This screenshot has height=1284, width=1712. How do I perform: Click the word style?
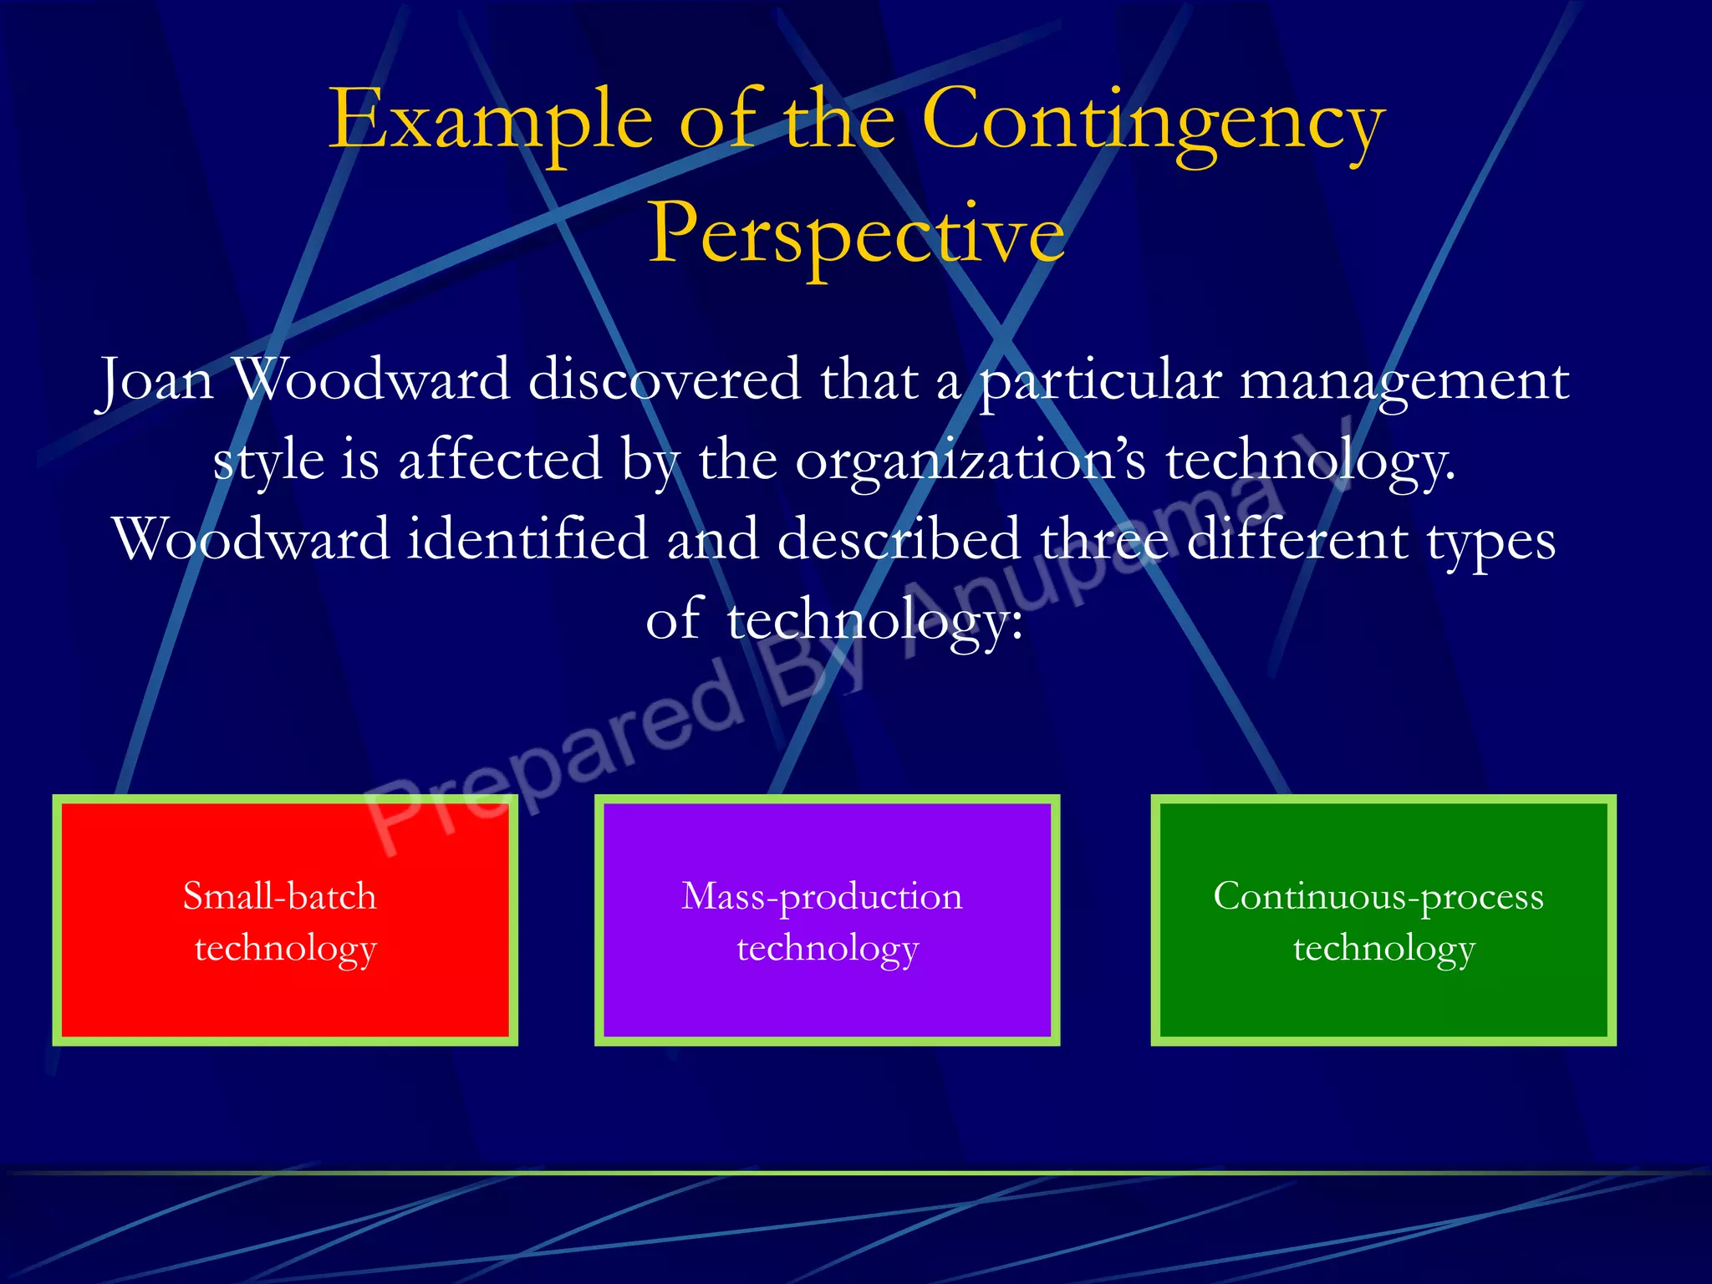[x=268, y=461]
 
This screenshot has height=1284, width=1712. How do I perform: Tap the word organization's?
[x=971, y=461]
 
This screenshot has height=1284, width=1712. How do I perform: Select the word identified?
[x=527, y=539]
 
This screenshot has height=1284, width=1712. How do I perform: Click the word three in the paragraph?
[x=1103, y=539]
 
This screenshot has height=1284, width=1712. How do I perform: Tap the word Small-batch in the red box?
[x=280, y=896]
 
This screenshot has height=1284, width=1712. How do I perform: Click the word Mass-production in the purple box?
[x=822, y=897]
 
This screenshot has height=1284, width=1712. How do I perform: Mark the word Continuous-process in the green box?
[x=1378, y=897]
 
